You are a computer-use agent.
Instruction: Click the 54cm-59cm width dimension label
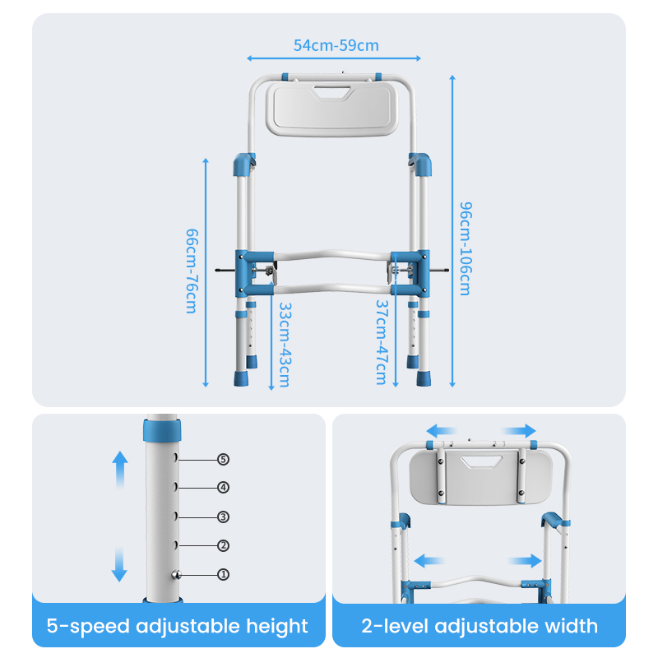pos(336,45)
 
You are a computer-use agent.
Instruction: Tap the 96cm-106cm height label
pos(466,248)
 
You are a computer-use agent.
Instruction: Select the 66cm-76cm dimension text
pos(192,271)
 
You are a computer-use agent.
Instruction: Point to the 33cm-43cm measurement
pos(285,345)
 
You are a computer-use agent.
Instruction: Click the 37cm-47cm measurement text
pos(382,342)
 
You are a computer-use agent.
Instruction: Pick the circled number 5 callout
pos(223,460)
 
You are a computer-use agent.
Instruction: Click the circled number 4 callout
pos(223,488)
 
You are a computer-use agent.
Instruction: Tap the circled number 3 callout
pos(223,517)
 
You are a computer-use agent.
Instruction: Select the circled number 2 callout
pos(223,545)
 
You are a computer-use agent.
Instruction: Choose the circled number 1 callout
pos(223,574)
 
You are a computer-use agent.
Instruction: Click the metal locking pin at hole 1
pos(177,575)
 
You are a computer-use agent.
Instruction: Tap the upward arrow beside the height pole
pos(120,470)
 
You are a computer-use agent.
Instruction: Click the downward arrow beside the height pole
pos(119,563)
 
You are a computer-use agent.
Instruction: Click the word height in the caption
pos(277,627)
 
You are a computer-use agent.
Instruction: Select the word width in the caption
pos(571,626)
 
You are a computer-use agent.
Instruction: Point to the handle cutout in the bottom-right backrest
pos(482,462)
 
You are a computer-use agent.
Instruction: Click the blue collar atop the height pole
pos(162,430)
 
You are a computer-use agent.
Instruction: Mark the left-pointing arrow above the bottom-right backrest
pos(441,431)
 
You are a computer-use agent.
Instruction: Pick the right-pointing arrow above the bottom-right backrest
pos(520,431)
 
